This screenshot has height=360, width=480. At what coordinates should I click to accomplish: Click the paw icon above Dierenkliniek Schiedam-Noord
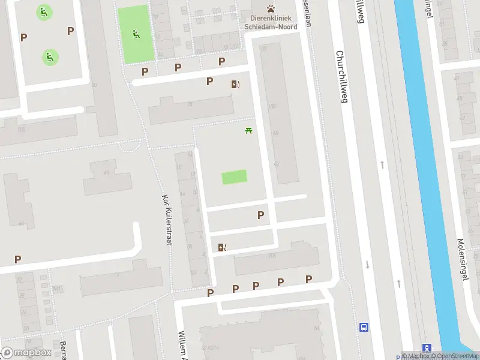click(272, 8)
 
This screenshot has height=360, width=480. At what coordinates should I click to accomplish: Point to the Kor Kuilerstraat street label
click(167, 219)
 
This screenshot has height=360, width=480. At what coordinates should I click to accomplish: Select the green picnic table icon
click(248, 130)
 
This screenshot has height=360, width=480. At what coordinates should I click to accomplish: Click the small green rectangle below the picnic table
click(234, 177)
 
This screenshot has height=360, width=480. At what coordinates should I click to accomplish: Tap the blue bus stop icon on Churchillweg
click(364, 327)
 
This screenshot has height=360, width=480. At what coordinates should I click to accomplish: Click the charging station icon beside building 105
click(223, 247)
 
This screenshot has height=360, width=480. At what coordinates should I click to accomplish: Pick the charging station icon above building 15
click(235, 85)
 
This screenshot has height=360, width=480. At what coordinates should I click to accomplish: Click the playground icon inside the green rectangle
click(136, 34)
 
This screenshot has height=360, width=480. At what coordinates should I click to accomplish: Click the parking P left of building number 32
click(18, 260)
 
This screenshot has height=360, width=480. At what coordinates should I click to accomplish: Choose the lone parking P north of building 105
click(260, 215)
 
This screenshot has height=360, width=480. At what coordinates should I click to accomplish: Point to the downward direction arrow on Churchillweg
click(367, 265)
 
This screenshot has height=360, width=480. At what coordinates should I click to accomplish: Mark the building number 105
click(272, 256)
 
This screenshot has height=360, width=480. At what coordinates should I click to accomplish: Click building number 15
click(190, 104)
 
